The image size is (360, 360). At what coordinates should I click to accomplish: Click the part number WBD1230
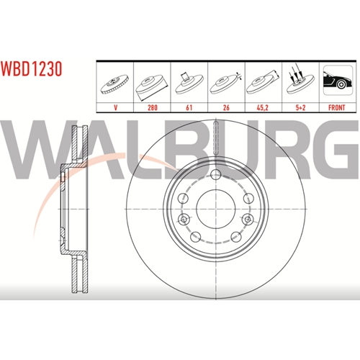[x=31, y=69]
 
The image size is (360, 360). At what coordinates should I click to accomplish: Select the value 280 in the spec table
[x=153, y=107]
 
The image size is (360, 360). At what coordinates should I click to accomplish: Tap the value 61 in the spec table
[x=189, y=107]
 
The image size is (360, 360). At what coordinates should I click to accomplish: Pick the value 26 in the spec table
[x=226, y=107]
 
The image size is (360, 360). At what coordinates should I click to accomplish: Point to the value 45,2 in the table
[x=263, y=107]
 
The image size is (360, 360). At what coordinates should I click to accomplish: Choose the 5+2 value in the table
[x=300, y=107]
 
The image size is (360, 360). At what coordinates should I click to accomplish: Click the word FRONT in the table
[x=337, y=107]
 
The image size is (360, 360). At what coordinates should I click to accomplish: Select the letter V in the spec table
[x=116, y=107]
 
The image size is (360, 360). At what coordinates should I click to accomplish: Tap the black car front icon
[x=338, y=80]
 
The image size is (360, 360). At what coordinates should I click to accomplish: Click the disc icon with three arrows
[x=300, y=81]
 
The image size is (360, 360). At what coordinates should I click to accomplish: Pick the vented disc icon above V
[x=114, y=84]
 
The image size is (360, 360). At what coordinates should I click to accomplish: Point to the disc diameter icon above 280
[x=151, y=87]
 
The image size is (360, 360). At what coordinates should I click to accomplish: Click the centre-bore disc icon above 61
[x=189, y=83]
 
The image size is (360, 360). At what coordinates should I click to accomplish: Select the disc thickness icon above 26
[x=225, y=84]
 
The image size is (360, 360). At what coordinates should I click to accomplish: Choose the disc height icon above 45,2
[x=263, y=82]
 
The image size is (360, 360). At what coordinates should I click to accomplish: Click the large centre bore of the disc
[x=215, y=209]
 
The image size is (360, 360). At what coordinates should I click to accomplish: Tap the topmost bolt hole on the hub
[x=216, y=174]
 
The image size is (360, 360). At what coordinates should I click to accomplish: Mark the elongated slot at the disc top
[x=216, y=138]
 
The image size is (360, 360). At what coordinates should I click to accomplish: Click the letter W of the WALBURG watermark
[x=34, y=150]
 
